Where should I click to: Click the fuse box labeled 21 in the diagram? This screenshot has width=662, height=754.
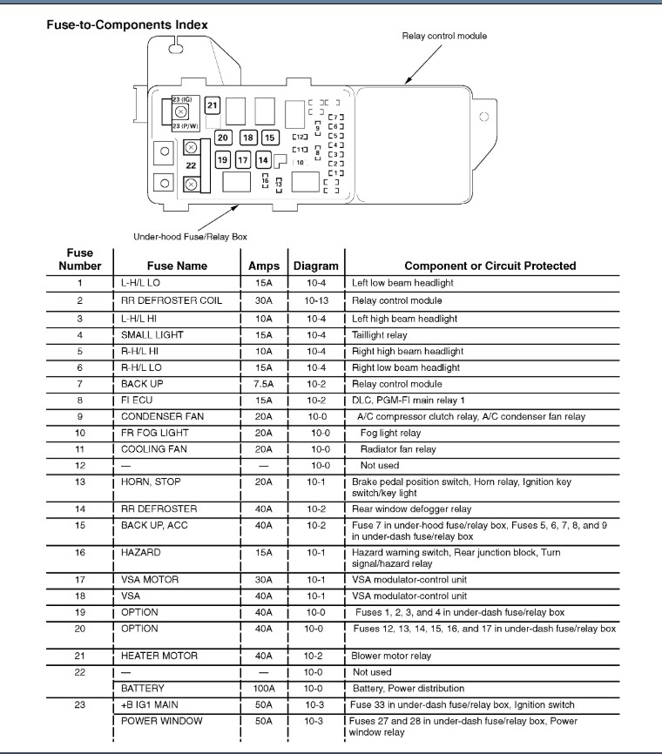[213, 106]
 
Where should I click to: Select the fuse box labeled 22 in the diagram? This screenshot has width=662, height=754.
[192, 164]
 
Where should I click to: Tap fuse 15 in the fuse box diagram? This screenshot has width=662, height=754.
[268, 138]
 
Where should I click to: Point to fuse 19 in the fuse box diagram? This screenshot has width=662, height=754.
[222, 160]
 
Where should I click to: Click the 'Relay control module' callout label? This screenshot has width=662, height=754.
[444, 37]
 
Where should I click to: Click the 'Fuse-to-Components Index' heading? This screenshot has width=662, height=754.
[126, 24]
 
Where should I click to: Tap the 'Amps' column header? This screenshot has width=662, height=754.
[264, 266]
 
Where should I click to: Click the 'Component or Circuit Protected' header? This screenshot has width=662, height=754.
[490, 266]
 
